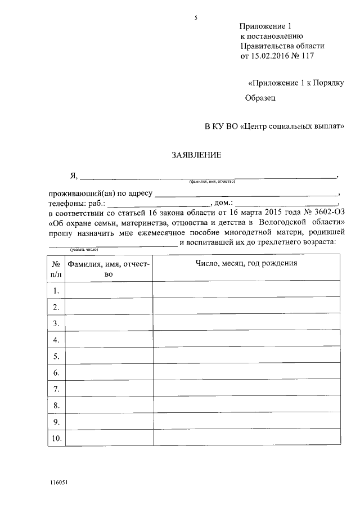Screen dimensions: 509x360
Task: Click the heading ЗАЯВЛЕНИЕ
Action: tap(196, 155)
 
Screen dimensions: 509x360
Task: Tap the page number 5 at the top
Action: tap(196, 17)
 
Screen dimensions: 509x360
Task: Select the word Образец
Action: tap(260, 98)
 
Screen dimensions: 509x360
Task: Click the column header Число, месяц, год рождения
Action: tap(246, 263)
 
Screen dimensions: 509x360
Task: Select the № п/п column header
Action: tap(56, 268)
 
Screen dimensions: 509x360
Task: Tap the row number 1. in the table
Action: tap(56, 290)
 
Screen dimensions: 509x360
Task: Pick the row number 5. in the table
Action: tap(56, 356)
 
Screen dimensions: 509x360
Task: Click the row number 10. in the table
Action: tap(56, 438)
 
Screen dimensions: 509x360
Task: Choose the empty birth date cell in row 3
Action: tap(246, 323)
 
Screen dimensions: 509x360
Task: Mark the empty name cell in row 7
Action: tap(109, 389)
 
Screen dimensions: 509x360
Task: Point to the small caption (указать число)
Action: tap(84, 248)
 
